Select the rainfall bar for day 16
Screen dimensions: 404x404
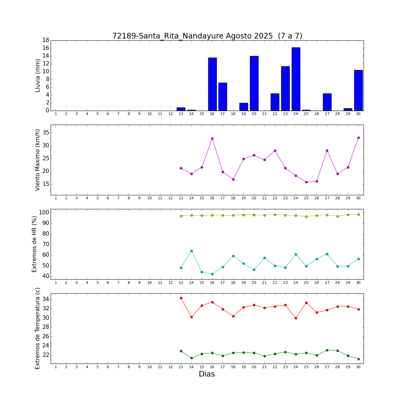[212, 84]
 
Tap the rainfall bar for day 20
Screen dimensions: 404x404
[254, 83]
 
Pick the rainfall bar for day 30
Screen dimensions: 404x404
[358, 90]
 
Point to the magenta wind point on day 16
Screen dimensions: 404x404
[212, 138]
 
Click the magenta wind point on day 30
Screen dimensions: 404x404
[358, 138]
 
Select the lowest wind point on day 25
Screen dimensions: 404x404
[306, 182]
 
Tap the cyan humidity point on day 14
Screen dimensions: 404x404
[191, 251]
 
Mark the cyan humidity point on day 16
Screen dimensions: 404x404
[212, 274]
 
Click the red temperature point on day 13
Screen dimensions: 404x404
[181, 298]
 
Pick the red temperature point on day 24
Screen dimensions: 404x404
[296, 318]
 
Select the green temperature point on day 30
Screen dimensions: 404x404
[358, 359]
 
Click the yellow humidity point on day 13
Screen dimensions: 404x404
[181, 216]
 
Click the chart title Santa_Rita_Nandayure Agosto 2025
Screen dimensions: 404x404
[207, 36]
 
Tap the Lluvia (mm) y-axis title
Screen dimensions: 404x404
[38, 75]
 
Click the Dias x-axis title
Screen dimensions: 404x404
[207, 374]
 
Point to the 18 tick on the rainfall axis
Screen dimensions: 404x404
[46, 40]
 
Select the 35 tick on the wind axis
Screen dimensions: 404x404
[46, 133]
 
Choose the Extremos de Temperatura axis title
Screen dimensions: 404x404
[38, 328]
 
